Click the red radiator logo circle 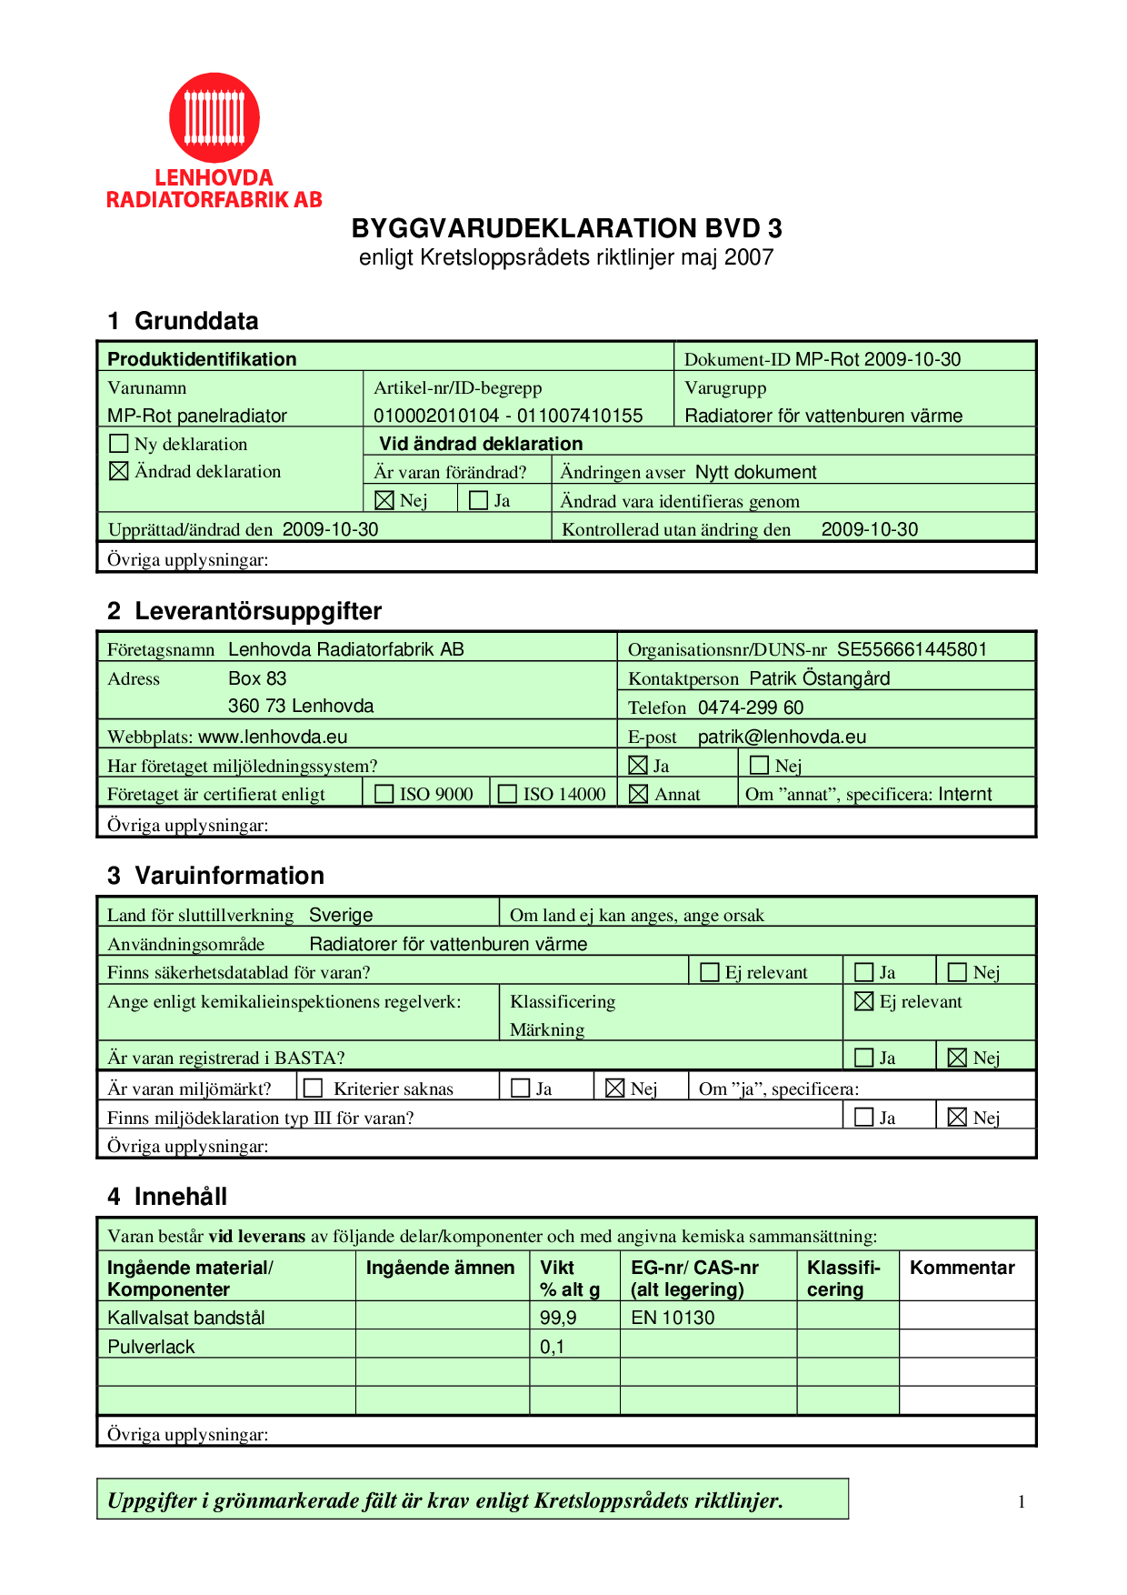[214, 118]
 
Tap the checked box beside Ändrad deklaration [119, 471]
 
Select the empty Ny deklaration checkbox [119, 444]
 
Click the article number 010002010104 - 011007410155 [508, 416]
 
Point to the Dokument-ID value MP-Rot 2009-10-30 [877, 359]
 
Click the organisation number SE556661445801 [912, 649]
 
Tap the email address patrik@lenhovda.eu [782, 737]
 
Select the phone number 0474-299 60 [751, 707]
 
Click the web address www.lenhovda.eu [273, 737]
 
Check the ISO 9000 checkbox [384, 794]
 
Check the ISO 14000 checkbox [507, 794]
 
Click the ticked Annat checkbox [639, 794]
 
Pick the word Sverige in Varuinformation [341, 915]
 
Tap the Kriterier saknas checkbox [314, 1088]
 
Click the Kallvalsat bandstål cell [186, 1318]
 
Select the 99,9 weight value [558, 1318]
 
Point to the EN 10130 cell [673, 1318]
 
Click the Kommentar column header [962, 1268]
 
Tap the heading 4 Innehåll [167, 1197]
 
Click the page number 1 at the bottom [1022, 1502]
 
